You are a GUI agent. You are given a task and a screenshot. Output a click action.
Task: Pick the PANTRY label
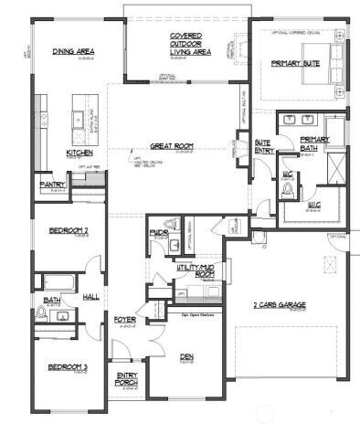(51, 185)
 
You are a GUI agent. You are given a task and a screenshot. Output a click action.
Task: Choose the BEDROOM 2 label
(60, 231)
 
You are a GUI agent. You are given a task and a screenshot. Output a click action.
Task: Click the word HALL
(92, 296)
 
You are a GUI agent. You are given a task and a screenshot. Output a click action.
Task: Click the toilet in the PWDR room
(170, 224)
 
